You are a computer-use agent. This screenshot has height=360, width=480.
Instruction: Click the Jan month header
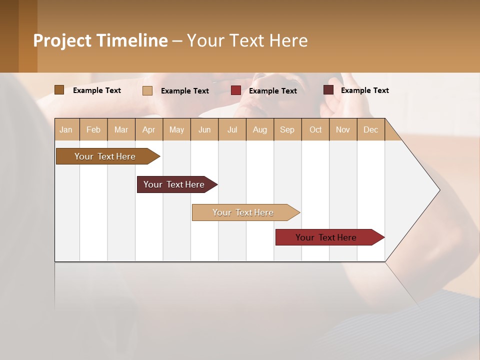(x=66, y=129)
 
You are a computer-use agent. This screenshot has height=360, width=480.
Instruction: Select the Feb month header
(x=93, y=129)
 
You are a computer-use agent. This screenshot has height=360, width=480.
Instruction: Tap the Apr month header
(x=149, y=129)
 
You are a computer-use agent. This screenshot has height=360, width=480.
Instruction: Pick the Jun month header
(x=204, y=129)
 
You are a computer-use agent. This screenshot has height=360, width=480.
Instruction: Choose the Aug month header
(x=260, y=129)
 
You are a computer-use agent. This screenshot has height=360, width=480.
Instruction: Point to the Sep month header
(x=287, y=129)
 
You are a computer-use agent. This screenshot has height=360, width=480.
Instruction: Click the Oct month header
(x=315, y=129)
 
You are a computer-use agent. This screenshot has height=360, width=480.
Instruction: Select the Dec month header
(x=371, y=129)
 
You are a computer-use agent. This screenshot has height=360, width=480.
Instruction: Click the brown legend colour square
(x=59, y=90)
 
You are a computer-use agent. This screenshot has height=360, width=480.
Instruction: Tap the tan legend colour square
(x=147, y=90)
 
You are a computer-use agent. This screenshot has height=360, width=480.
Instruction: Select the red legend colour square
(x=236, y=90)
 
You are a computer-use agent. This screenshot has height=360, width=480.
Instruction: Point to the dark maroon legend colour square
(x=328, y=90)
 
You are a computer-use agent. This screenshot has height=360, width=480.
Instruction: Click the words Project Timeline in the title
(x=100, y=40)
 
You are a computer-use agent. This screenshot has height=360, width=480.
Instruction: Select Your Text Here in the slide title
(x=247, y=40)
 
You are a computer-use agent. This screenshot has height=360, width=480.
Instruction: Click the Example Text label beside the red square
(x=273, y=91)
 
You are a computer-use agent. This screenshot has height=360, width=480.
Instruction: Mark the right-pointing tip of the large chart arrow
(x=439, y=190)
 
